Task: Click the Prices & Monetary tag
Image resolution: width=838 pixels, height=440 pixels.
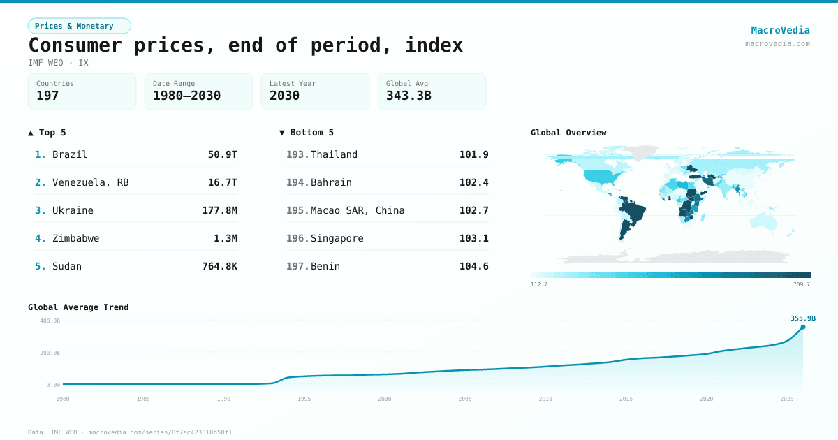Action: (x=79, y=26)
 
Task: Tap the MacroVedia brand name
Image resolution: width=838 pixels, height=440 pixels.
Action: (x=780, y=30)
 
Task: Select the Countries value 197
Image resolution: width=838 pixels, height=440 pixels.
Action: (x=47, y=96)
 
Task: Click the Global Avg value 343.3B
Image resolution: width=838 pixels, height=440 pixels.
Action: (x=409, y=96)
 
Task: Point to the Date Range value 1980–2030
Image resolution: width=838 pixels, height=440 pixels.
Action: (x=186, y=96)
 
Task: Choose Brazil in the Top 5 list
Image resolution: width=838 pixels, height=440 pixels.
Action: (x=70, y=154)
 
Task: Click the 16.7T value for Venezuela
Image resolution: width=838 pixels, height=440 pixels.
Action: (x=222, y=182)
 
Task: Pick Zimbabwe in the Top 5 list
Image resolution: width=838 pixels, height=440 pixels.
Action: (x=75, y=238)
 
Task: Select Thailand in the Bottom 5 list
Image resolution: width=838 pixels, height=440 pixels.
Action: (x=334, y=154)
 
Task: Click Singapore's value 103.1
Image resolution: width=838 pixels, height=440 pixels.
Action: (x=473, y=238)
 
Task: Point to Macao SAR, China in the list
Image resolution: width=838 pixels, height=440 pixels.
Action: (x=358, y=210)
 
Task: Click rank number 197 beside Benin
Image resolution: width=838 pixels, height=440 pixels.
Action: (x=297, y=266)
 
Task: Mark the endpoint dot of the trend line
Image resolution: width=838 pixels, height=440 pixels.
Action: (x=802, y=327)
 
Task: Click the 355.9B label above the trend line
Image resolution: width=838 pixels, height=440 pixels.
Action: (x=803, y=318)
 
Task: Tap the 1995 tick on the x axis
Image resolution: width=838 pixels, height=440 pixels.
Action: (x=304, y=399)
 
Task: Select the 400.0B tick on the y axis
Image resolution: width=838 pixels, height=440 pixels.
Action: (x=49, y=321)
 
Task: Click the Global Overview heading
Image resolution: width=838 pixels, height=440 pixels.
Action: (x=568, y=133)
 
